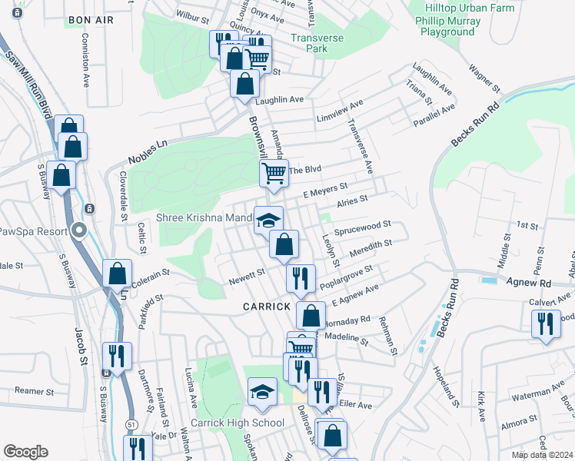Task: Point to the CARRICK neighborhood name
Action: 267,306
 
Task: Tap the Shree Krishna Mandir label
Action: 204,217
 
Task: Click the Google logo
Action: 25,452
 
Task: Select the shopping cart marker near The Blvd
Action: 274,174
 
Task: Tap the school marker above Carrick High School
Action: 262,392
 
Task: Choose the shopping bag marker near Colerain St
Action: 118,273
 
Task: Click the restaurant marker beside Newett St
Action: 300,277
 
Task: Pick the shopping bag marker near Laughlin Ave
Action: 245,84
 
